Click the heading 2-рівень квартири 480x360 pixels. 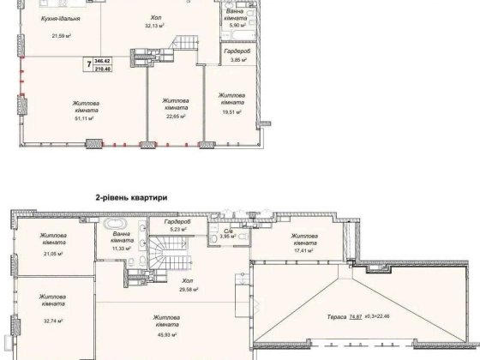coord(132,198)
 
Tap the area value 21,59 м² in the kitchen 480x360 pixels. coord(62,36)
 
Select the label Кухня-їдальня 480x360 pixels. coord(61,19)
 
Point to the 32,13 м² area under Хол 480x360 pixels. coord(155,26)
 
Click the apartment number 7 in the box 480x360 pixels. coord(89,64)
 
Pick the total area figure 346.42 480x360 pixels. coord(102,61)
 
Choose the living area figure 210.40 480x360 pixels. coord(102,69)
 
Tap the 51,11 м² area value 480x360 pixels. coord(83,118)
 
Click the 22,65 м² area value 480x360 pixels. coord(176,117)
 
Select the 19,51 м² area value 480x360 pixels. coord(231,112)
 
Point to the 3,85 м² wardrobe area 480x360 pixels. coord(238,60)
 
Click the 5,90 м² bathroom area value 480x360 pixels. coord(237,26)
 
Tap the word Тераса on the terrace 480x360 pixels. coord(336,317)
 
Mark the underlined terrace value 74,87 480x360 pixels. coord(356,317)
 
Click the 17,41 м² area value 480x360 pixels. coord(303,250)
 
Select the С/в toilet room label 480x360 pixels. coord(227,230)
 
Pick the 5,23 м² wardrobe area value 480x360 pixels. coord(177,229)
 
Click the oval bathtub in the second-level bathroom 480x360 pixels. coord(115,224)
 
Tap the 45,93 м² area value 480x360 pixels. coord(166,335)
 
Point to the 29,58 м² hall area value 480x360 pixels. coord(188,289)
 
